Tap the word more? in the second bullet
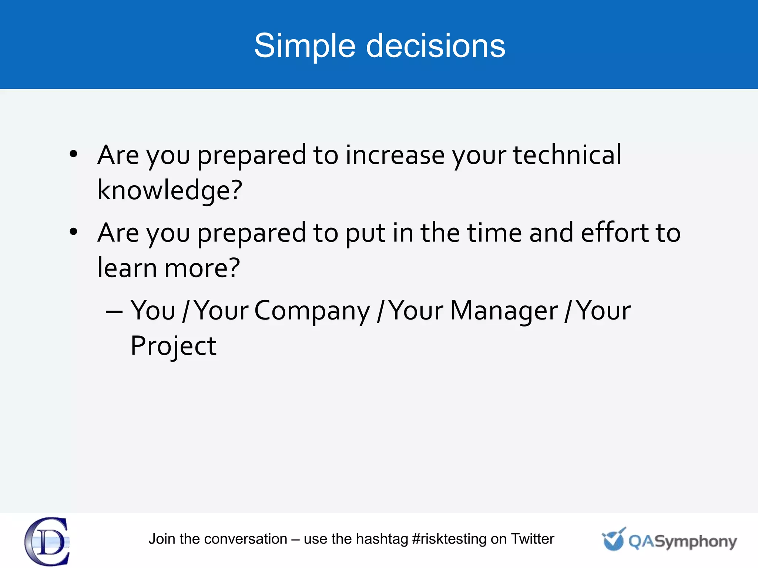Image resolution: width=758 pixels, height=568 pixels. click(x=202, y=267)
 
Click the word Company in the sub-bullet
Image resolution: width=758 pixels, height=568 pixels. click(x=312, y=311)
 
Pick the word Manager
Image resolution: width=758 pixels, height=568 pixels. click(x=503, y=311)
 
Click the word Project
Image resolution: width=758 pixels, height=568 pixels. click(x=173, y=346)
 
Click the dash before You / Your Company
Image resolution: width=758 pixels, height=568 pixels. click(x=114, y=312)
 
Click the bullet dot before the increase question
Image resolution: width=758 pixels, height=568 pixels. click(x=74, y=154)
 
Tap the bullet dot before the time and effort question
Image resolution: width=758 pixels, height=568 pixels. click(x=74, y=232)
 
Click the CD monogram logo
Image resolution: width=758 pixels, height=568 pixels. click(x=47, y=541)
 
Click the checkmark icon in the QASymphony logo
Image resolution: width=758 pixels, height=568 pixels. click(x=613, y=540)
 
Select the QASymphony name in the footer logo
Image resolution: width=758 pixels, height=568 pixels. click(x=682, y=542)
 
